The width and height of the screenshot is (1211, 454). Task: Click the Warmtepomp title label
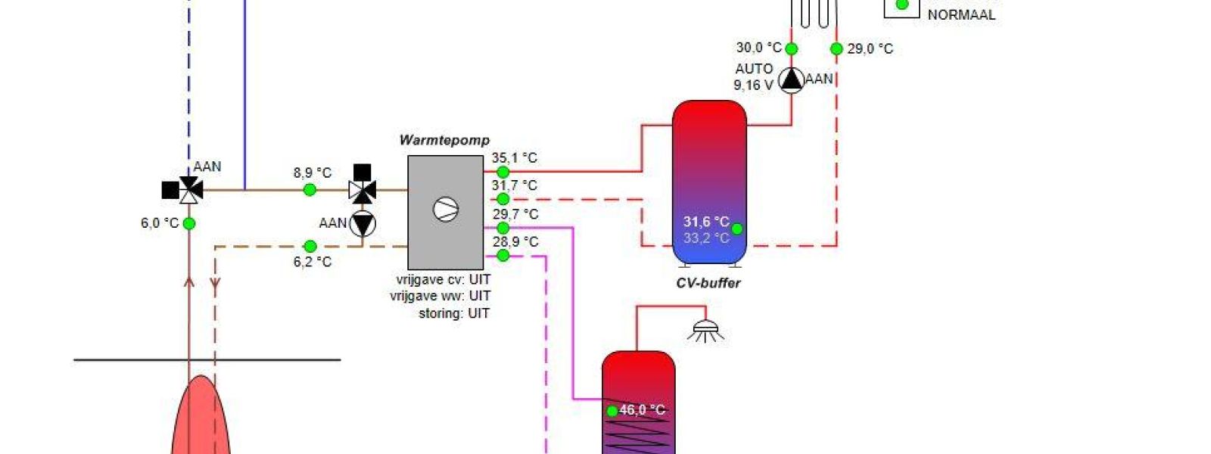444,140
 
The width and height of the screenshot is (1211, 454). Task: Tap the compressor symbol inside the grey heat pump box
446,210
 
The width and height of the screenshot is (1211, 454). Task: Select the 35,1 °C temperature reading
514,158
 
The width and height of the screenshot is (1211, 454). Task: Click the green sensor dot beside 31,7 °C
503,199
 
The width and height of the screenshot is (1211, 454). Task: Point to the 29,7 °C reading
515,214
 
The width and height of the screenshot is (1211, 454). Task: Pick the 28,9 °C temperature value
515,241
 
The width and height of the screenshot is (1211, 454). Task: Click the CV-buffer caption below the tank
708,283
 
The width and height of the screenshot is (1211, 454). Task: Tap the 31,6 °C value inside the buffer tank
705,222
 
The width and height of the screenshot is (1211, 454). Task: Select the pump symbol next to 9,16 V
791,79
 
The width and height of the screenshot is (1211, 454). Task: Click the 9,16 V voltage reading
752,85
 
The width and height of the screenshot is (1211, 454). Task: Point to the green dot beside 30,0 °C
791,49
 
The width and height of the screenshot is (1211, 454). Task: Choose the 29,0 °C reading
870,49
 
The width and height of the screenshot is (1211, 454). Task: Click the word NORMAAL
961,14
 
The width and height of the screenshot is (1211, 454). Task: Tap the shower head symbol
705,330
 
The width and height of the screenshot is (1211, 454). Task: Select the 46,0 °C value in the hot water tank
642,410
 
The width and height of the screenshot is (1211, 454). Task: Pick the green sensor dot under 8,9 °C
310,190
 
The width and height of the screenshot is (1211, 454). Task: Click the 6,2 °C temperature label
313,262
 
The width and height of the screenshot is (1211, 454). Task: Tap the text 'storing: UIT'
453,313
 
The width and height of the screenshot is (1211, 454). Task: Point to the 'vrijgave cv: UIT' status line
443,279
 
